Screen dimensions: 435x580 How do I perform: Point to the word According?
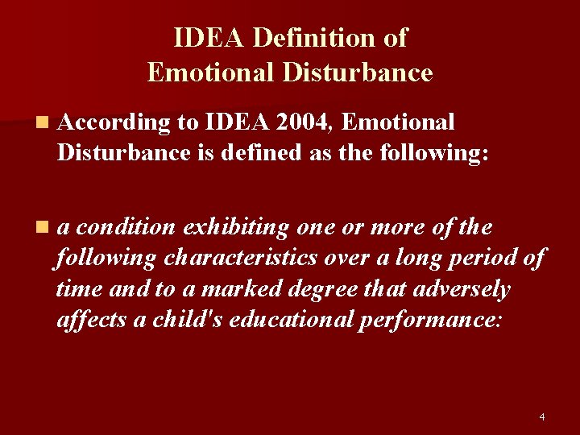click(x=114, y=122)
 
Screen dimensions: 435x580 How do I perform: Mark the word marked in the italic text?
click(x=242, y=289)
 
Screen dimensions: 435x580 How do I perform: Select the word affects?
click(x=90, y=320)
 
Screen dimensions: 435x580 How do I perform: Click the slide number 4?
click(x=541, y=417)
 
